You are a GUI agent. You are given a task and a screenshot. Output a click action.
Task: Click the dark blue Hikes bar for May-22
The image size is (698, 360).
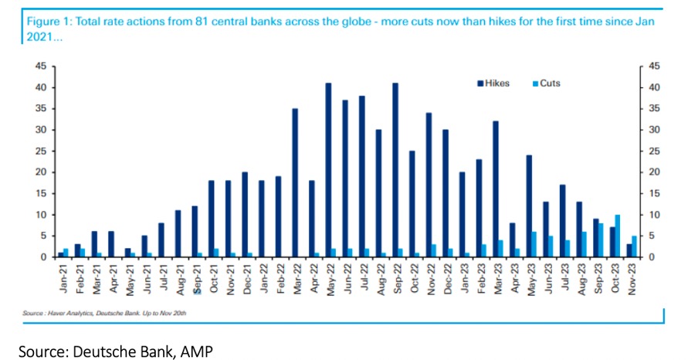tap(328, 170)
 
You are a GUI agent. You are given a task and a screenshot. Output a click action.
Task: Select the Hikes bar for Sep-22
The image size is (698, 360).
tap(395, 170)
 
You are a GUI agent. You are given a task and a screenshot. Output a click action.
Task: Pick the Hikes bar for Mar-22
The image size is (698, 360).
tap(295, 182)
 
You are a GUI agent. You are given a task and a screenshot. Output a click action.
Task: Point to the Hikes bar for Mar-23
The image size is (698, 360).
tap(496, 188)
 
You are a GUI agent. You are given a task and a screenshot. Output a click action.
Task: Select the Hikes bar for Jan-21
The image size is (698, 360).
tap(61, 254)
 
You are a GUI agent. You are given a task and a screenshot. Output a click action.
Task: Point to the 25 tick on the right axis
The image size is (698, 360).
tap(654, 151)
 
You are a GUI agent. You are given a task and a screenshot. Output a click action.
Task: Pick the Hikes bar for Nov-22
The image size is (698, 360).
tap(429, 185)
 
